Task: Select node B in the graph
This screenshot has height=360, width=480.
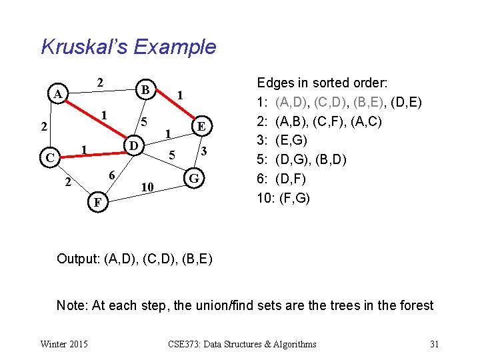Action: coord(144,89)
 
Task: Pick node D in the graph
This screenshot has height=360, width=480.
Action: coord(133,145)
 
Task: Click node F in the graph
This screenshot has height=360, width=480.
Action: coord(97,202)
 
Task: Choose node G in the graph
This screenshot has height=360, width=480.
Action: coord(194,179)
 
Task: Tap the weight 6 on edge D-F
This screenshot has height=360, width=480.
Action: coord(113,174)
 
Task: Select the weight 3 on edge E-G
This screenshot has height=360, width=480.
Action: coord(205,152)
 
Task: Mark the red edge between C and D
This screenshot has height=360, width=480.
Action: coord(90,151)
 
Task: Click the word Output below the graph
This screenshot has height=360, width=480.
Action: coord(78,259)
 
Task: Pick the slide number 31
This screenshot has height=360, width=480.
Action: coord(434,344)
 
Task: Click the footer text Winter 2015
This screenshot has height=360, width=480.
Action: coord(63,344)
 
